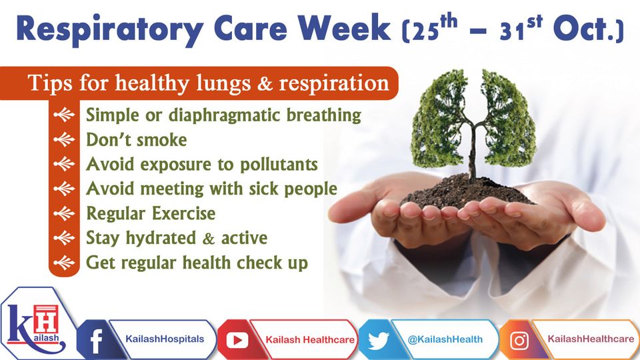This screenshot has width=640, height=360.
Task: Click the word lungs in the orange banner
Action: pos(223,84)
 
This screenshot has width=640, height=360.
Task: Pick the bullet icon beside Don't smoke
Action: pos(64,139)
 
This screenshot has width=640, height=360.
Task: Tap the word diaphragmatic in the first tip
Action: pos(224,115)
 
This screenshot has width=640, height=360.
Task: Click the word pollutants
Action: pos(279,165)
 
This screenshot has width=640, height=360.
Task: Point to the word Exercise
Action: pos(183,213)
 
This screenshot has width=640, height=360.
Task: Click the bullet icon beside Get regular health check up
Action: pos(64,263)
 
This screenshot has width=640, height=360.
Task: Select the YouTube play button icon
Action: pos(237,340)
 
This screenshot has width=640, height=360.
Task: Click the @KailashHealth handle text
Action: pos(445,339)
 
